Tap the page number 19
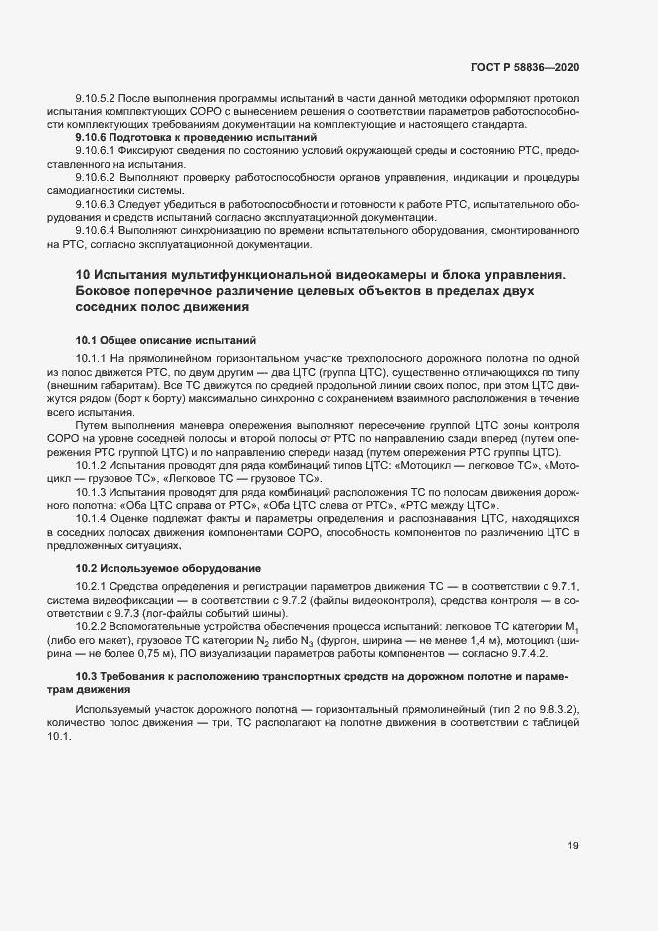pos(573,846)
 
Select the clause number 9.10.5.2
pos(98,98)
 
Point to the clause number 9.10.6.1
pos(98,150)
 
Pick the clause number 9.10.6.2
pos(98,177)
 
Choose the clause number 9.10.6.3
pos(98,203)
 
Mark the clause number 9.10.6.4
pos(98,230)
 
